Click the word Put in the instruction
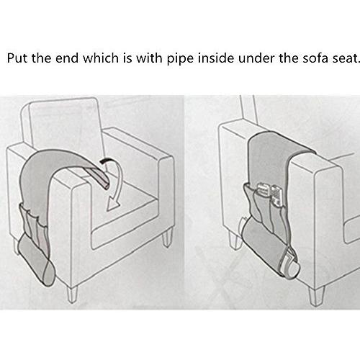coord(17,58)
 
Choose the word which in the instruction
coord(101,58)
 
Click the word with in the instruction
coord(149,58)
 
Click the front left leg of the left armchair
coord(73,294)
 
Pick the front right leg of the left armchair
coord(167,238)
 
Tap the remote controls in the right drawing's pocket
coord(269,194)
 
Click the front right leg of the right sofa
coord(316,296)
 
